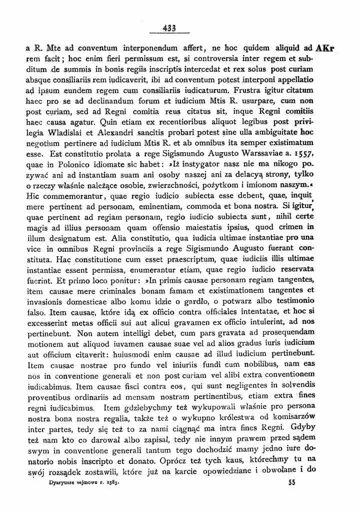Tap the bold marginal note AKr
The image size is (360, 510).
(325, 49)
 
